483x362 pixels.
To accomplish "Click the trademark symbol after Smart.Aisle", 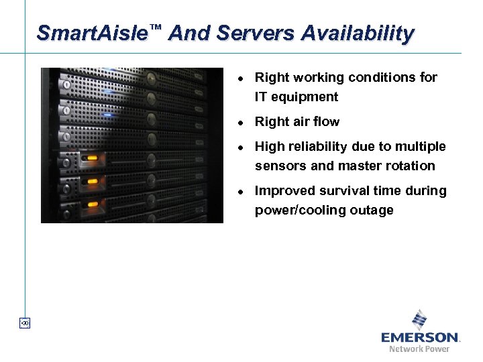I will (x=156, y=27).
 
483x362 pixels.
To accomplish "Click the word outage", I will (x=372, y=210).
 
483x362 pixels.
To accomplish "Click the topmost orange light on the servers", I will (x=89, y=160).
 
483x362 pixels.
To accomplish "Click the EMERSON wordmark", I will (x=420, y=337).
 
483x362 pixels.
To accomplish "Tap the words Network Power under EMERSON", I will (x=420, y=349).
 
